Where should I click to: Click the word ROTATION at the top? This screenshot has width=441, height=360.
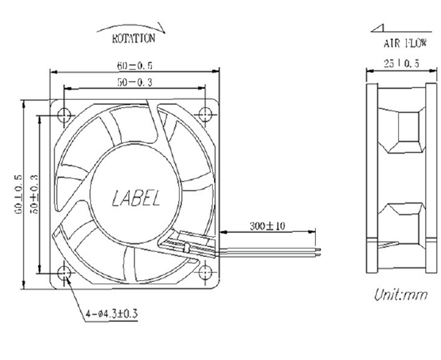[133, 37]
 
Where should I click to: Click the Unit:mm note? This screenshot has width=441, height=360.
[401, 296]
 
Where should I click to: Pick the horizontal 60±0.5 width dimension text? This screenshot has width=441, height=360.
[134, 65]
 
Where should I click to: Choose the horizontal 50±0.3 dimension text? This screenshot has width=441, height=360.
[134, 82]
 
